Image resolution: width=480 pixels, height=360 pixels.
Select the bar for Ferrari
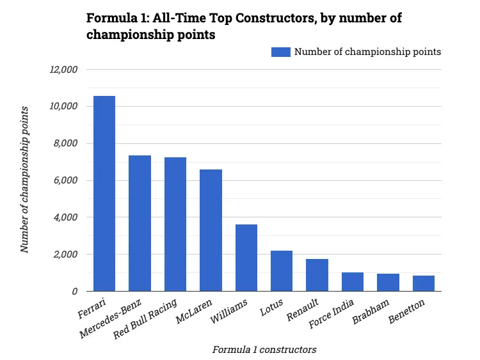(x=104, y=194)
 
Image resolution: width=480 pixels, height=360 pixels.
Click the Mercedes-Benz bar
(x=140, y=223)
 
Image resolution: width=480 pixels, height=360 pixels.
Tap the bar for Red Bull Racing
(x=175, y=224)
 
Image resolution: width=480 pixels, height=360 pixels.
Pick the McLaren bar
(x=211, y=230)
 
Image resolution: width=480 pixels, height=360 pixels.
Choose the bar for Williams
(x=246, y=258)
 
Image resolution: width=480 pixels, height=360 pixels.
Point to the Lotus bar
(x=282, y=271)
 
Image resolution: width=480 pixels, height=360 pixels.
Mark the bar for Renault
(x=317, y=275)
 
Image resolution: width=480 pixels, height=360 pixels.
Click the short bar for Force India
(x=353, y=282)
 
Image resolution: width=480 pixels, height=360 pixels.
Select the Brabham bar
(x=388, y=283)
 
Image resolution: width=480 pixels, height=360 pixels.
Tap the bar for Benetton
(x=423, y=283)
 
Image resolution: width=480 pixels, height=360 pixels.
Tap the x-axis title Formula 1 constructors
(x=264, y=349)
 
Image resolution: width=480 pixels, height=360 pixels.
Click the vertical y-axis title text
(x=25, y=180)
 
